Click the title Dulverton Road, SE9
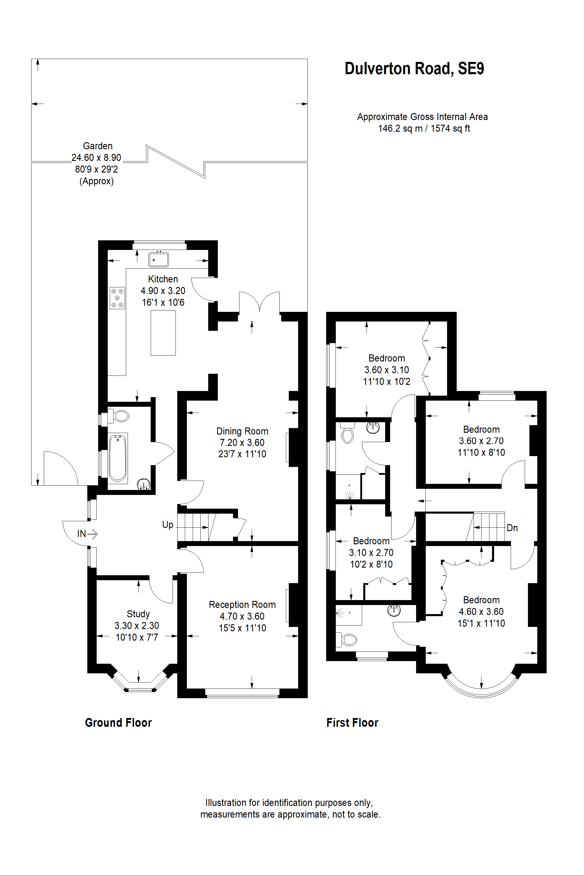[x=414, y=69]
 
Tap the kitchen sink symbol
[x=158, y=259]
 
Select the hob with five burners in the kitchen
[x=117, y=298]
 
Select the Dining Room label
[x=242, y=431]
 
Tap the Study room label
[x=138, y=614]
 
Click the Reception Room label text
[x=242, y=604]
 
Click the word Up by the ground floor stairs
[x=168, y=525]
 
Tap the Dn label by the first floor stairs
[x=512, y=528]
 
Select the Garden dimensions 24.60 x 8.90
[x=96, y=158]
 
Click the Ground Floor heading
[x=119, y=722]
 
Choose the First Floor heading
[x=352, y=722]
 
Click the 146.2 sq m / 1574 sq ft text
[x=424, y=128]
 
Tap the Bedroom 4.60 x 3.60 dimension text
[x=481, y=611]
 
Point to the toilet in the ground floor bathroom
[x=120, y=416]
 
